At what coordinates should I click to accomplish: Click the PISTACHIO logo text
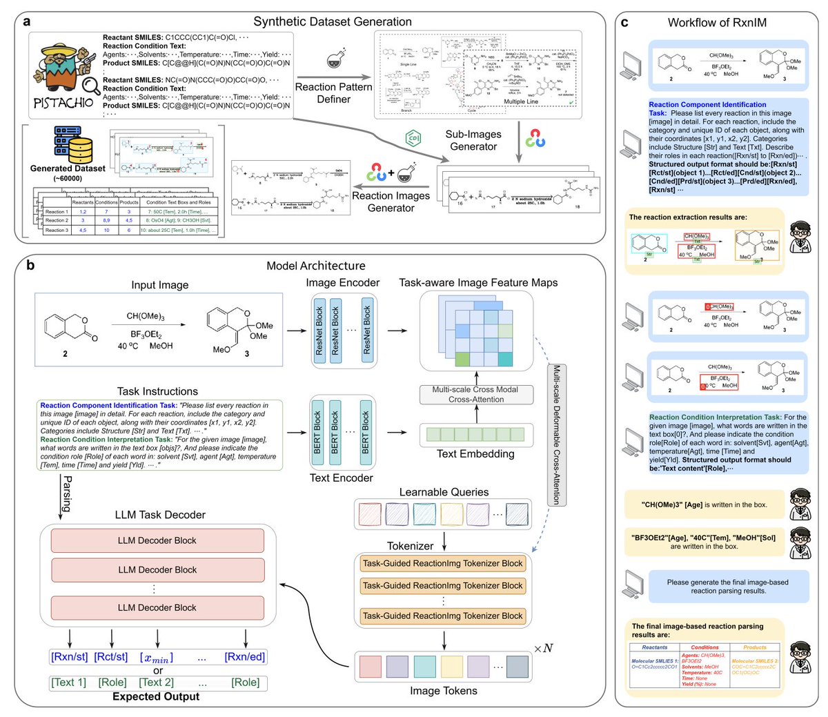[63, 103]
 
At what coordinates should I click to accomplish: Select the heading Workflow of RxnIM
[717, 23]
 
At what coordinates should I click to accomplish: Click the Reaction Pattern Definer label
[333, 93]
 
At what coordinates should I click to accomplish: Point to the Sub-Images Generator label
[473, 140]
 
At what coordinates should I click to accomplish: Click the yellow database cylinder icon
[81, 148]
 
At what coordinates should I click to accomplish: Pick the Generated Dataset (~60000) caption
[68, 173]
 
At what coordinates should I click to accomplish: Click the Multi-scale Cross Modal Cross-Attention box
[475, 394]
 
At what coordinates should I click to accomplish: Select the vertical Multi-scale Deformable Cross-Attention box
[556, 435]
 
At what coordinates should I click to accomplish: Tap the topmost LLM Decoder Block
[157, 541]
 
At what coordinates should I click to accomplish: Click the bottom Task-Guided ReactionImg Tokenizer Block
[442, 616]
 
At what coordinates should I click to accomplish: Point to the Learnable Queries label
[444, 492]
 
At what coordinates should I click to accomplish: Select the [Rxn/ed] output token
[245, 657]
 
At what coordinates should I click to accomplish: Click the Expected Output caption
[156, 696]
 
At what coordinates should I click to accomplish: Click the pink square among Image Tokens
[371, 667]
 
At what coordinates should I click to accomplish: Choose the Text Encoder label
[341, 478]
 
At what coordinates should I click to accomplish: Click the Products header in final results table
[755, 647]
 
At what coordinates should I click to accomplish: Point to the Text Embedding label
[475, 453]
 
